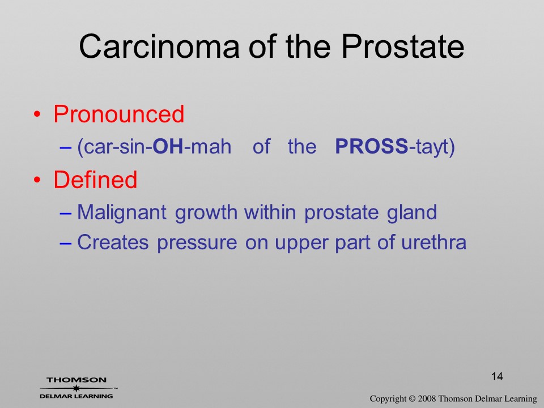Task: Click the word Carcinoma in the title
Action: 159,46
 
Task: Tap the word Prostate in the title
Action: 402,46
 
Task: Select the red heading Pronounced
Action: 118,114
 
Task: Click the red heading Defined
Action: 95,180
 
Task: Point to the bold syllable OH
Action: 168,146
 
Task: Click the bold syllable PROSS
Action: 372,146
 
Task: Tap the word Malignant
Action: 122,212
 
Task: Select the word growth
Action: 206,212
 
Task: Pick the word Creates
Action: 113,242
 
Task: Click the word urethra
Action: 433,242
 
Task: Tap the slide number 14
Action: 497,376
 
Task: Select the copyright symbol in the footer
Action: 412,399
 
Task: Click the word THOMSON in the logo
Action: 76,380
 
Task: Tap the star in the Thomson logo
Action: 76,388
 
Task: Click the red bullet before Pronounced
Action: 37,114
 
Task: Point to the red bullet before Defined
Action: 37,180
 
